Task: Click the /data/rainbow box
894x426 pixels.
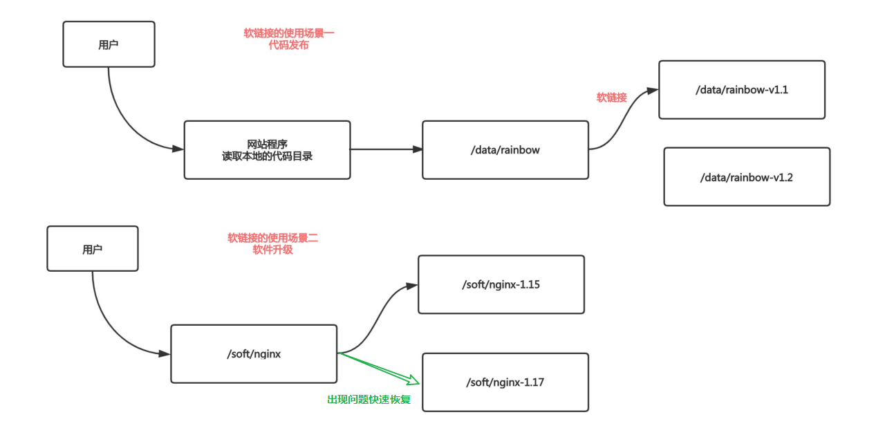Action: click(x=505, y=150)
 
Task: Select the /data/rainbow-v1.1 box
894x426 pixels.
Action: click(x=741, y=90)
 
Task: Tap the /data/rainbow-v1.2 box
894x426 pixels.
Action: click(x=746, y=177)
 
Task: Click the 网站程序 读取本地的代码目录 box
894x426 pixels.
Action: click(x=267, y=150)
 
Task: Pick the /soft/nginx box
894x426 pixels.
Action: click(x=254, y=354)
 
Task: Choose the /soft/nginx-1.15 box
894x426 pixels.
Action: click(x=501, y=284)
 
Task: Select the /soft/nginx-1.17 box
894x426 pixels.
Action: click(x=505, y=382)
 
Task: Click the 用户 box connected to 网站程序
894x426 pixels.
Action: click(x=109, y=44)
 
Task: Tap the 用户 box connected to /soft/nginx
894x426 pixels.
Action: click(x=93, y=249)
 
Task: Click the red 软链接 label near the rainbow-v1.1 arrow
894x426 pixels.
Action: click(x=611, y=98)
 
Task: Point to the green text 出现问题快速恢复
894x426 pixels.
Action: click(x=369, y=400)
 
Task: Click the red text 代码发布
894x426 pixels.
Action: click(x=288, y=45)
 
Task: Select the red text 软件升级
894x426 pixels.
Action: click(x=272, y=250)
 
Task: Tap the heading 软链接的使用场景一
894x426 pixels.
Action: click(x=288, y=33)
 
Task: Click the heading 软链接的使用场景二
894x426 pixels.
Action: click(x=272, y=238)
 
